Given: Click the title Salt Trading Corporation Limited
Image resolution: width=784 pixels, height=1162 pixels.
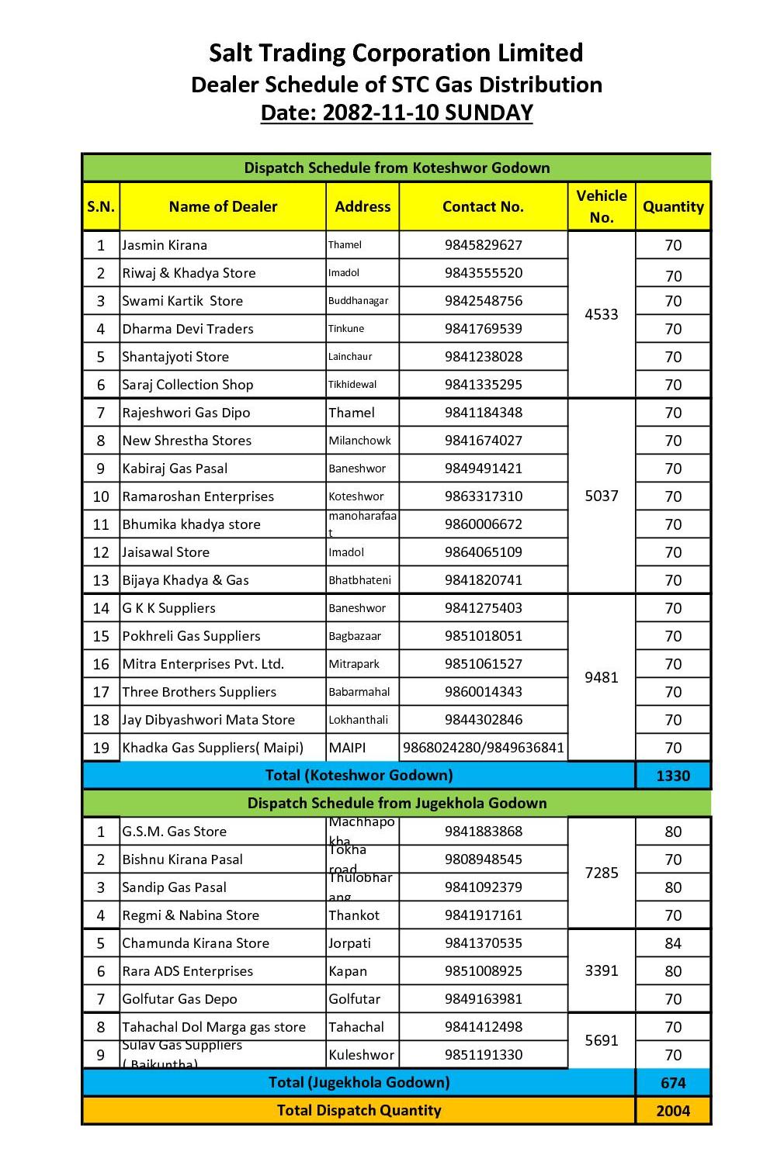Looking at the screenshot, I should [396, 53].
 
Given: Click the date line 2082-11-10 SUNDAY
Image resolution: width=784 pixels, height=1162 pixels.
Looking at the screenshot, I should [396, 112].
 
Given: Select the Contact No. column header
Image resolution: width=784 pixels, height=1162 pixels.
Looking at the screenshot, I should [483, 206].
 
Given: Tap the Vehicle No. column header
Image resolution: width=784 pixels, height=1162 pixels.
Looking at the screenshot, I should [602, 206].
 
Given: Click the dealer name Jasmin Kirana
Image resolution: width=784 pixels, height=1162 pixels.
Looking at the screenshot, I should [165, 245].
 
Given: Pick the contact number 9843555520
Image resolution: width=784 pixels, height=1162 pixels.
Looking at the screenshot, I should [483, 273].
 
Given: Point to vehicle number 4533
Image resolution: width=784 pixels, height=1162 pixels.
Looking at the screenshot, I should [602, 314].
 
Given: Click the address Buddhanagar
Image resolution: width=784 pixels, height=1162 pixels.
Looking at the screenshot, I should [358, 301].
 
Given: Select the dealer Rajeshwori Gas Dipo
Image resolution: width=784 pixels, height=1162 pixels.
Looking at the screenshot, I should [186, 413].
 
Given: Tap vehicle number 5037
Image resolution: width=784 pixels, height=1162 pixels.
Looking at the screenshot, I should [602, 496].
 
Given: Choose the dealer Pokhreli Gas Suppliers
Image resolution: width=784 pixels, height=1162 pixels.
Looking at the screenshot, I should [191, 636].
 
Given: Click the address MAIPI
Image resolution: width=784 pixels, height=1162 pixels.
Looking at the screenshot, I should [346, 748].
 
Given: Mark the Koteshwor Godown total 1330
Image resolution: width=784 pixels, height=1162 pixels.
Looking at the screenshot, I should [673, 776].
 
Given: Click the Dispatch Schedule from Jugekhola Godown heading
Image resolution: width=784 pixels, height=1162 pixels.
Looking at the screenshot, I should [397, 803].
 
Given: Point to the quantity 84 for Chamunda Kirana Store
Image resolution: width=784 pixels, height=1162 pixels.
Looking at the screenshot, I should [673, 943].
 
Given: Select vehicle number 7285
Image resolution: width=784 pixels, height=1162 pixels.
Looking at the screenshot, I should [602, 873].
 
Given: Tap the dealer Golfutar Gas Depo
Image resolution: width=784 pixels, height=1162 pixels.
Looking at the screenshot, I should [179, 999].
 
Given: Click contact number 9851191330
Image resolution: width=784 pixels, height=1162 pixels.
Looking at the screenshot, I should [483, 1055].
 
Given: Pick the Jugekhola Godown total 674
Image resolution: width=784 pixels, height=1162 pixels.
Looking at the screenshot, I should [673, 1083].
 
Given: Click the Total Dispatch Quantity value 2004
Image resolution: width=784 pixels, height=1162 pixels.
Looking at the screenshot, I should [673, 1111].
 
